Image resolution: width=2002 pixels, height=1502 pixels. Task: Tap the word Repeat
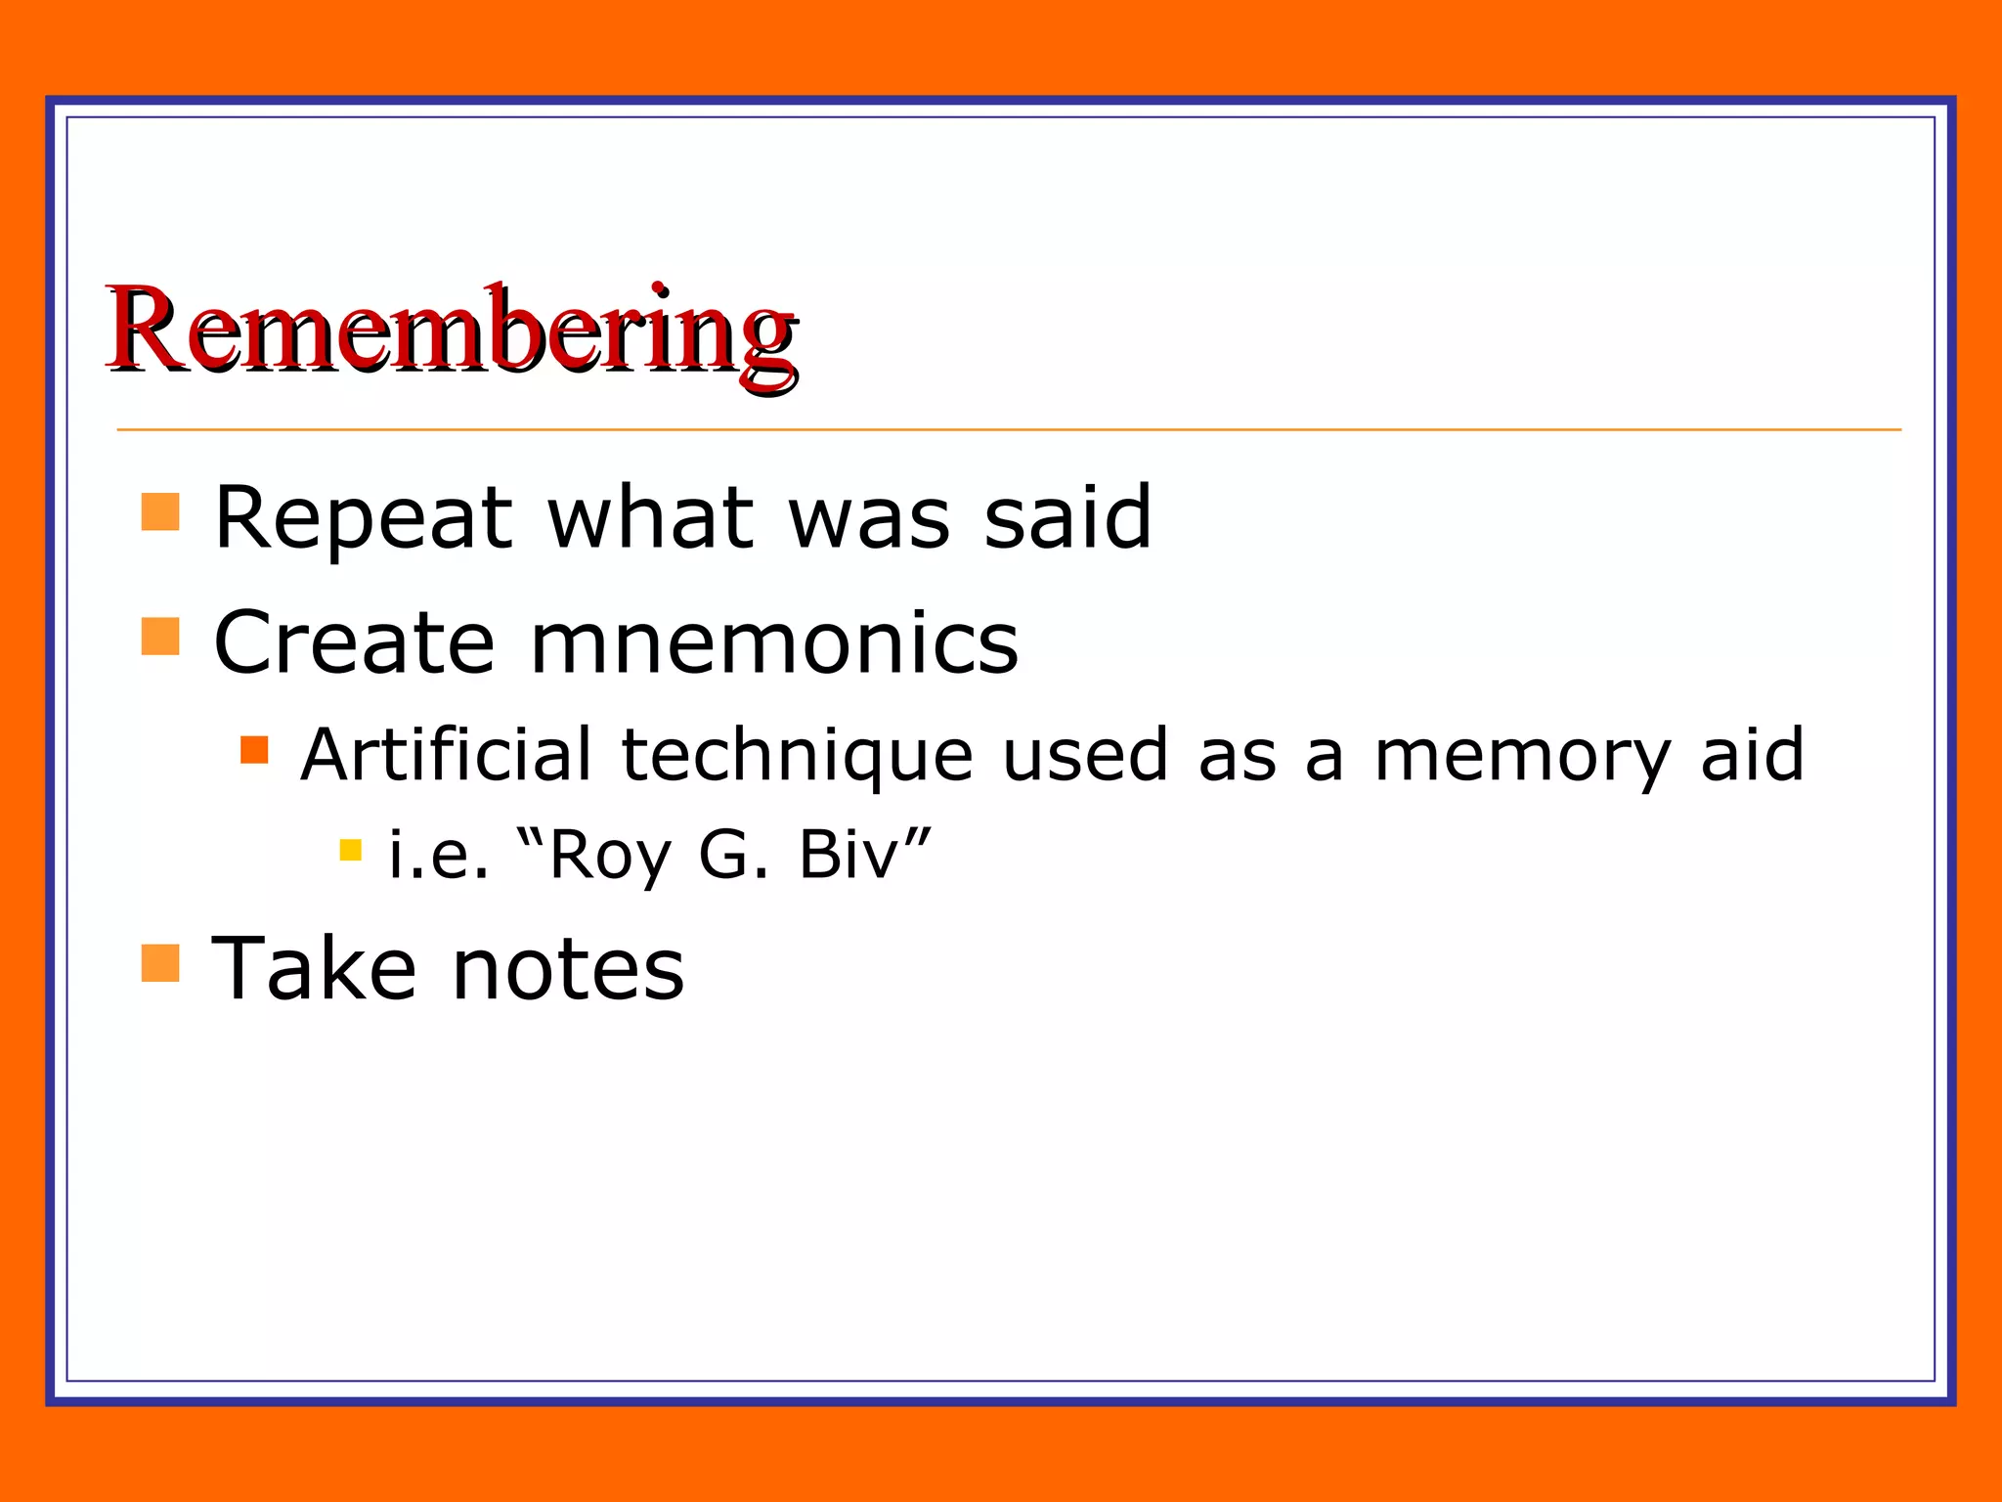tap(363, 518)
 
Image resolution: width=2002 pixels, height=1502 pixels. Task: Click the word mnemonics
tap(774, 643)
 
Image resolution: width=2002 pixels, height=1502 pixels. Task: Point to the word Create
tap(355, 642)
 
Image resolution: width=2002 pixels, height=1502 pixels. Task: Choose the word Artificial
tap(446, 755)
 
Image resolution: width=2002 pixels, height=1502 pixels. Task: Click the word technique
tap(797, 757)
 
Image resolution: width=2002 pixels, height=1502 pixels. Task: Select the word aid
tap(1752, 755)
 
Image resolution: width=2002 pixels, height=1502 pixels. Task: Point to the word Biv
tap(848, 855)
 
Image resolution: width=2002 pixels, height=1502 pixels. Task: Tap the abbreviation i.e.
tap(438, 855)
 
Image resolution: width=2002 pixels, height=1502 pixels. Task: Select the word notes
tap(569, 970)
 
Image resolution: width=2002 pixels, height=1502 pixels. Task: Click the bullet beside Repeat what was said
tap(160, 511)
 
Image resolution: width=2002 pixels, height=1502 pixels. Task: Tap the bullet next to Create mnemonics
tap(160, 636)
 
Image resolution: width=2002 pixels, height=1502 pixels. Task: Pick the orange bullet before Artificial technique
tap(254, 750)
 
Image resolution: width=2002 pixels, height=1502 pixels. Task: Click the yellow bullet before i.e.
tap(351, 849)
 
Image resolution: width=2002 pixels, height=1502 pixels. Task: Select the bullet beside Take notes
tap(160, 962)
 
